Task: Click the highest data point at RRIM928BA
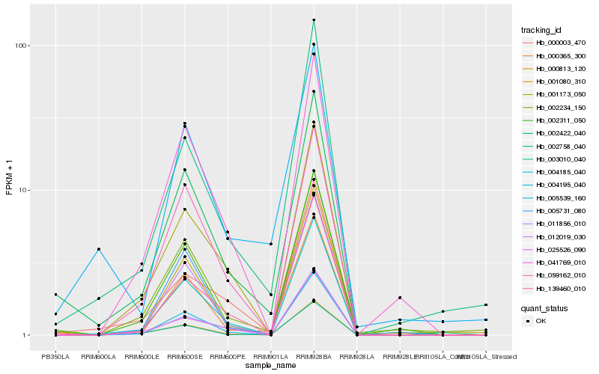tap(314, 19)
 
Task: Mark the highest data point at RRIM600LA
tap(98, 249)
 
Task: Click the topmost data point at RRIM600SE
tap(184, 123)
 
